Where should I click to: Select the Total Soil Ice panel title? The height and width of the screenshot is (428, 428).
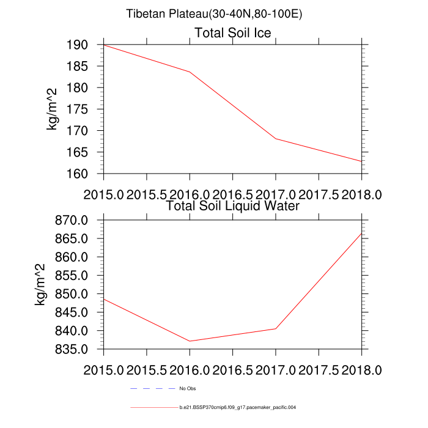(232, 32)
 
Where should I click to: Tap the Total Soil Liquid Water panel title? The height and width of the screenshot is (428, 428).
(232, 206)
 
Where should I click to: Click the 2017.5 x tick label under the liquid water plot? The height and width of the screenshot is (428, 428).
(319, 370)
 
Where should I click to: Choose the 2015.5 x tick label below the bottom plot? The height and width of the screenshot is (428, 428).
(147, 370)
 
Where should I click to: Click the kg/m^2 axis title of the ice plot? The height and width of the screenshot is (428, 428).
(53, 109)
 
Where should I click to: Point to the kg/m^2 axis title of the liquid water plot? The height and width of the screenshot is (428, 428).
(40, 284)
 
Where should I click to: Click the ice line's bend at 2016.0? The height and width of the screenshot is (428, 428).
(190, 72)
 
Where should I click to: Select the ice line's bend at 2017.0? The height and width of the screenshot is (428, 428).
(276, 139)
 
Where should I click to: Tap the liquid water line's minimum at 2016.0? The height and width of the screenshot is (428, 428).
(190, 341)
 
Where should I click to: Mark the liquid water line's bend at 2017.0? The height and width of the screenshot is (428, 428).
(276, 328)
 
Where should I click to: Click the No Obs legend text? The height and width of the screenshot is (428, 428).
(187, 389)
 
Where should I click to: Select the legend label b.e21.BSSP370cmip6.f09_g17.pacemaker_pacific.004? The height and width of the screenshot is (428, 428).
(238, 407)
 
